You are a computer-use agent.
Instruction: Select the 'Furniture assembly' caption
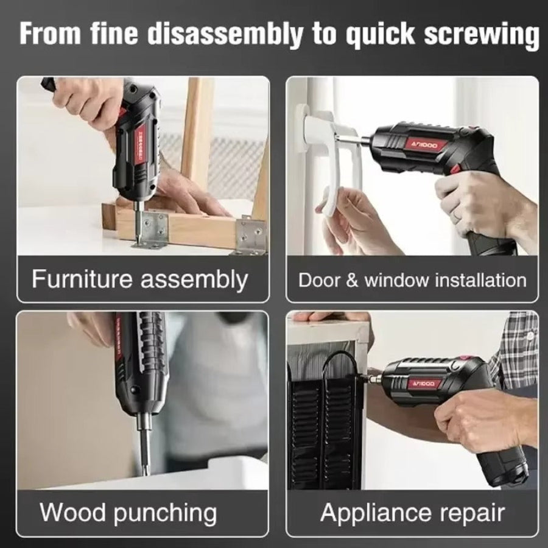(x=139, y=279)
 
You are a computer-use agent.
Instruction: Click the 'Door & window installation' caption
(x=412, y=280)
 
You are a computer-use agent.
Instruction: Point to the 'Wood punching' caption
(x=128, y=512)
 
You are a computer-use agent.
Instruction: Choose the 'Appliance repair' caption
(x=412, y=512)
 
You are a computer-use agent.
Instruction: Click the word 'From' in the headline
(x=46, y=33)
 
